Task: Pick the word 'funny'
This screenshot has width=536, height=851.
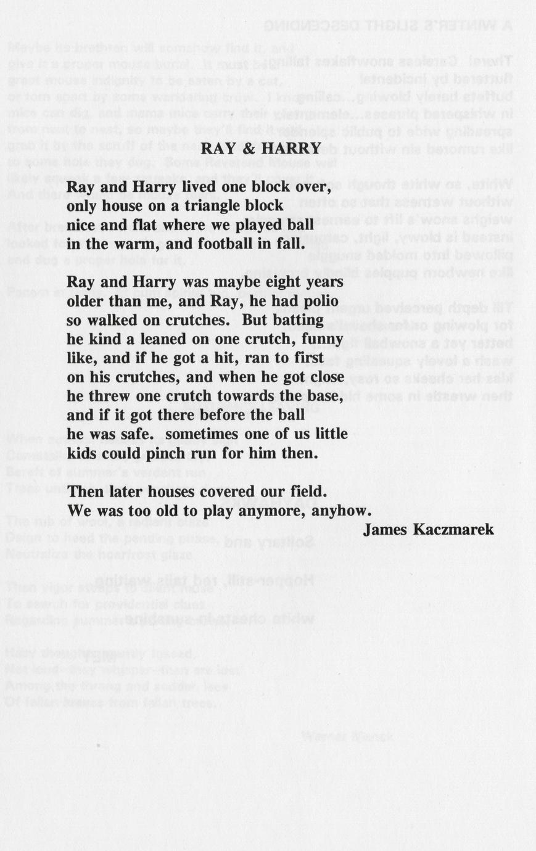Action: [x=323, y=340]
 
